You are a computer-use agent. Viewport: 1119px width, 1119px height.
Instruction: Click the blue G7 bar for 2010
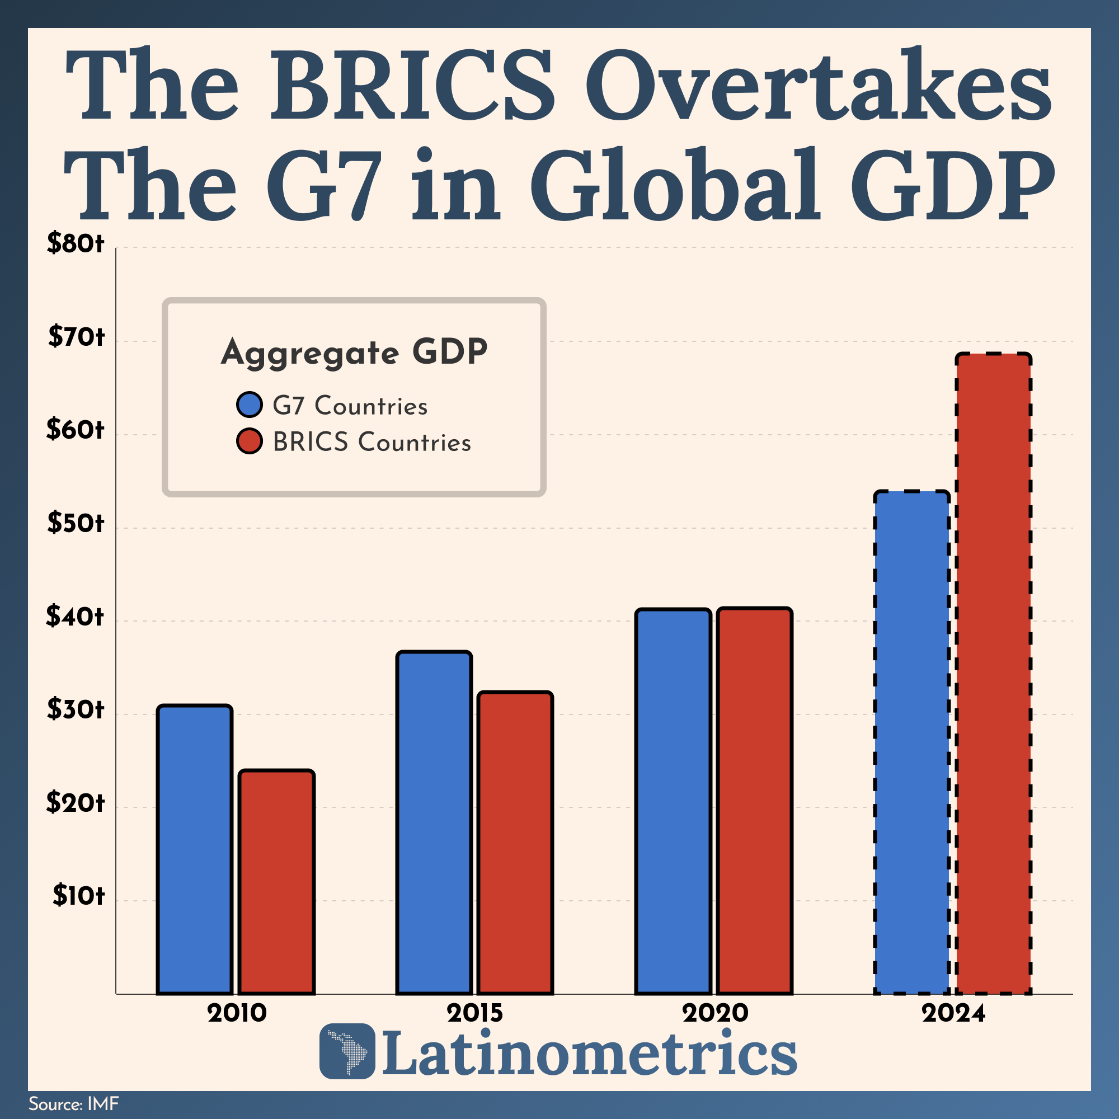[195, 850]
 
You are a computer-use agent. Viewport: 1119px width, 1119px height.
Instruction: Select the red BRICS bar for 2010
[276, 882]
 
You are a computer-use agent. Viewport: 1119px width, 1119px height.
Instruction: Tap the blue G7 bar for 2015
[434, 822]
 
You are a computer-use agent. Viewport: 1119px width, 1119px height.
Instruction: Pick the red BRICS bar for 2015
[515, 843]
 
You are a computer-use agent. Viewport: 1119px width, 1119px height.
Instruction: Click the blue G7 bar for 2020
[673, 801]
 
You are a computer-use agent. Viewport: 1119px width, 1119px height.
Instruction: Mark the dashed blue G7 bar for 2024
[911, 742]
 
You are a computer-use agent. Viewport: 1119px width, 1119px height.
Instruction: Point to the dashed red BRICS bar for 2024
[993, 673]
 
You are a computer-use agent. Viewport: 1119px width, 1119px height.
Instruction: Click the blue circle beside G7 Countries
[250, 405]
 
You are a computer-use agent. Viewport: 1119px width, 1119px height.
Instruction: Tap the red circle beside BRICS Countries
[250, 441]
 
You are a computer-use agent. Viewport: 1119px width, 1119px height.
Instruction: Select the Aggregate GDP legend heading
[354, 352]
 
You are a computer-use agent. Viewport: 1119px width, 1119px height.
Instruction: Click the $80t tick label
[76, 244]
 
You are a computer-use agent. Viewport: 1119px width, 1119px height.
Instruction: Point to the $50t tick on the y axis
[76, 524]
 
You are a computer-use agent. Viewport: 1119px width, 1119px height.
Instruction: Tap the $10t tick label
[78, 896]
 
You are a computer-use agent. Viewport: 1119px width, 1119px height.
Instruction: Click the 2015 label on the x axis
[474, 1013]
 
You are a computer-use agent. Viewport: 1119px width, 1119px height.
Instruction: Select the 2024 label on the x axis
[953, 1013]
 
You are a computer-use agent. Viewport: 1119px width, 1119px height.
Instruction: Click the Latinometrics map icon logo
[347, 1051]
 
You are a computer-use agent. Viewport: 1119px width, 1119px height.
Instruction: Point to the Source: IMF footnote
[73, 1103]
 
